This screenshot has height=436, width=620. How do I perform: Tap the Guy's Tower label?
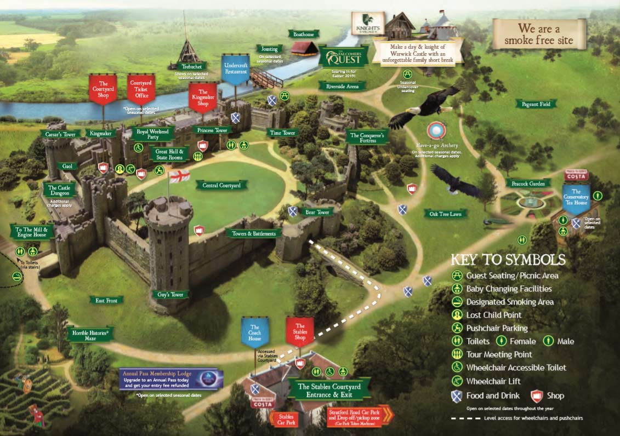169,295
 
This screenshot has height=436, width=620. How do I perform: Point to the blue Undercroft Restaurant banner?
236,69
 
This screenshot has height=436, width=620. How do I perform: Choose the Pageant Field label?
536,104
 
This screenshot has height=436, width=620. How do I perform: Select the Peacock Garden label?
528,183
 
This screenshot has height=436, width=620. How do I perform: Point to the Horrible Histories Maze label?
90,334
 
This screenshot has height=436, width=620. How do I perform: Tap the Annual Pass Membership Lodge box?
172,378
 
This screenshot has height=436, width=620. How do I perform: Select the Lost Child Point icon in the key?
457,315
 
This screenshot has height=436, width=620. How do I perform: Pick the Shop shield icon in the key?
537,395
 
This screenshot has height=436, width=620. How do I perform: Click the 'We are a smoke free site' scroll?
538,34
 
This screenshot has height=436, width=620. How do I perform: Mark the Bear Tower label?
317,212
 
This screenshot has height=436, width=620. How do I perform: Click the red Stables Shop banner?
300,332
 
